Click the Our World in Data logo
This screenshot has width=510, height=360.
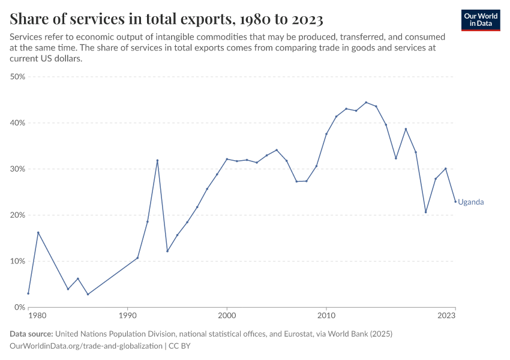coord(481,20)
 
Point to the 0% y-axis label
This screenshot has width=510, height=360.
coord(19,307)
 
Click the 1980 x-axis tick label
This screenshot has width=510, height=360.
coord(37,315)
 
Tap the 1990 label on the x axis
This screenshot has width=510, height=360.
coord(127,315)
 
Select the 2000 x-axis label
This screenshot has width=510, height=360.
coord(227,315)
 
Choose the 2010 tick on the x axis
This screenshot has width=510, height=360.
coord(326,315)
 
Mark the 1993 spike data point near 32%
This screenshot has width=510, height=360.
coord(157,160)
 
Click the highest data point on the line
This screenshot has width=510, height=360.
coord(366,102)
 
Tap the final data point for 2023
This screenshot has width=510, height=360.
coord(455,202)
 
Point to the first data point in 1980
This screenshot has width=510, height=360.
coord(28,293)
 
